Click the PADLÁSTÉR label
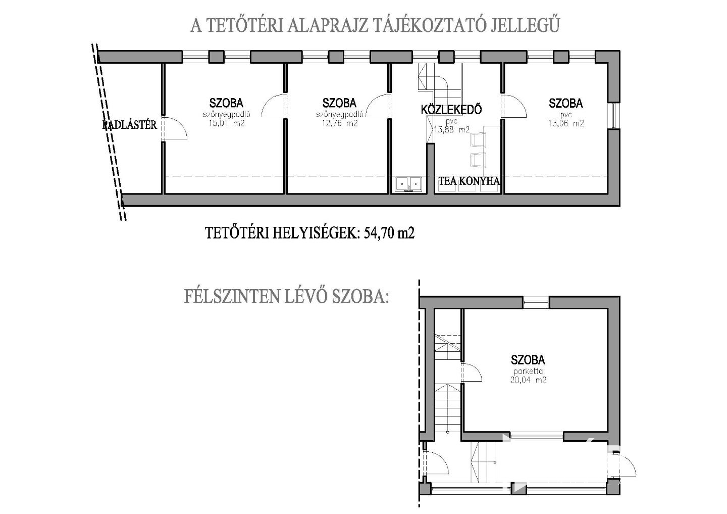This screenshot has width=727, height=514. [129, 125]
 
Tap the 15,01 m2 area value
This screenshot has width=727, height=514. [227, 123]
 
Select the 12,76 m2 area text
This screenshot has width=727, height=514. [339, 123]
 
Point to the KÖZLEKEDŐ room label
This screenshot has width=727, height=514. [451, 110]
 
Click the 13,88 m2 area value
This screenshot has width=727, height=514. [452, 129]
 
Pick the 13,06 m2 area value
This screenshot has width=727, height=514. [565, 123]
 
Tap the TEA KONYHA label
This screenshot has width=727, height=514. [469, 181]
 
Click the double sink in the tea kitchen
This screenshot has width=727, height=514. [408, 184]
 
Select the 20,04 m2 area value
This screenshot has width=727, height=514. [528, 380]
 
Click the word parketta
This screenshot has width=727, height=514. [528, 371]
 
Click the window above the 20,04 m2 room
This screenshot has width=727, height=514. [536, 302]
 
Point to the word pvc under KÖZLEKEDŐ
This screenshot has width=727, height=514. [451, 122]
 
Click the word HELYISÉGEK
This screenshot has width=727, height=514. [316, 233]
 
